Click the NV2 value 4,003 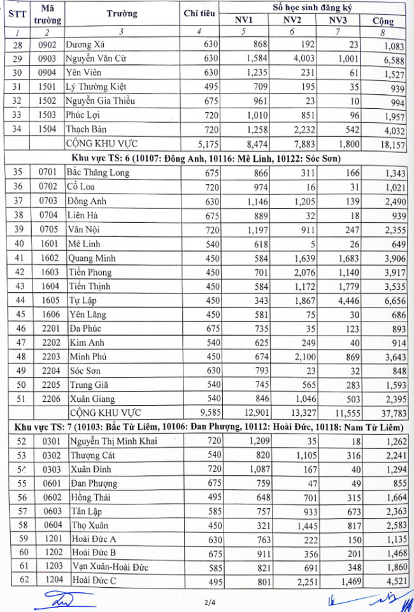point(299,59)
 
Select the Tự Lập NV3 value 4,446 point(344,299)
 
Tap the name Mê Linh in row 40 point(83,243)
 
